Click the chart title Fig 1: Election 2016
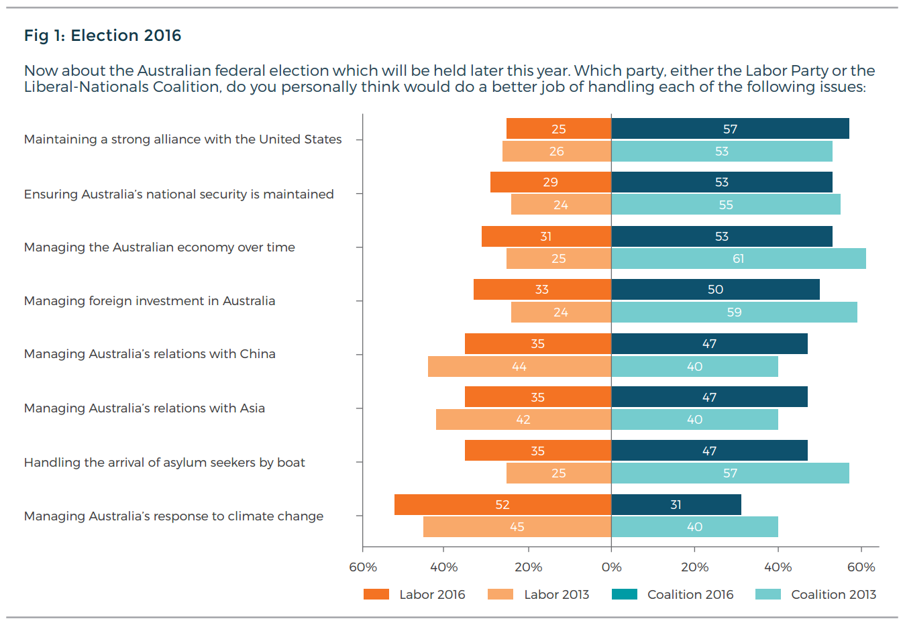point(103,36)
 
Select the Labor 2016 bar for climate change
point(502,504)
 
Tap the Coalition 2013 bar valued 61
point(738,258)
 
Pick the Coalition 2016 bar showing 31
point(676,504)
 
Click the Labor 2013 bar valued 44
point(519,366)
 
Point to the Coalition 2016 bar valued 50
point(715,289)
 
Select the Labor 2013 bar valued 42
point(523,419)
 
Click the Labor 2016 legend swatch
point(376,594)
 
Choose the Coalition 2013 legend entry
point(815,594)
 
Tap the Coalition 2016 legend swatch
point(625,594)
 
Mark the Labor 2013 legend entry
point(538,594)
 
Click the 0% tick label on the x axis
point(611,567)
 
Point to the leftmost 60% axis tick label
point(363,567)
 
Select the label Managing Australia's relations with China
point(150,353)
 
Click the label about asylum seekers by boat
point(164,462)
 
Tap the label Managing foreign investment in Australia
point(150,300)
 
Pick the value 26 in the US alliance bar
point(556,151)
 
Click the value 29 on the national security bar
point(550,182)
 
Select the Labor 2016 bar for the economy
point(546,236)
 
